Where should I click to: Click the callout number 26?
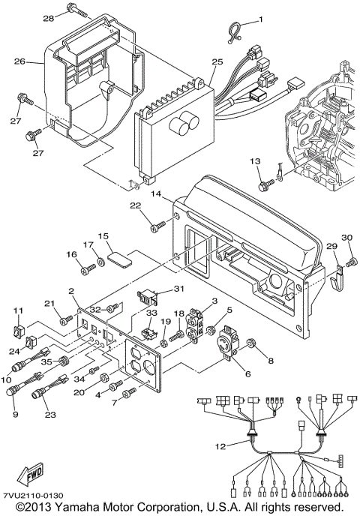pyautogui.click(x=19, y=61)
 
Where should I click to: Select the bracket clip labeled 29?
pyautogui.click(x=335, y=277)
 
